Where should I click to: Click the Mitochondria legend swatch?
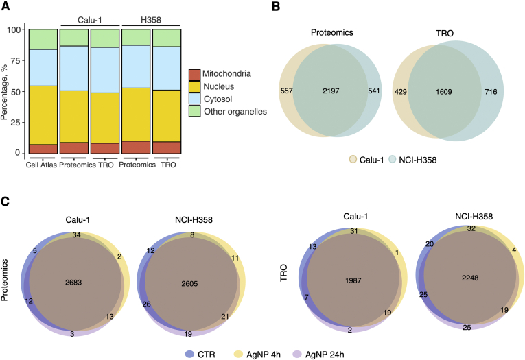coord(195,72)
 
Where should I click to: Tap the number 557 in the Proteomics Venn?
coord(287,90)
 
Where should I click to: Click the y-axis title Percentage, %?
coord(6,92)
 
